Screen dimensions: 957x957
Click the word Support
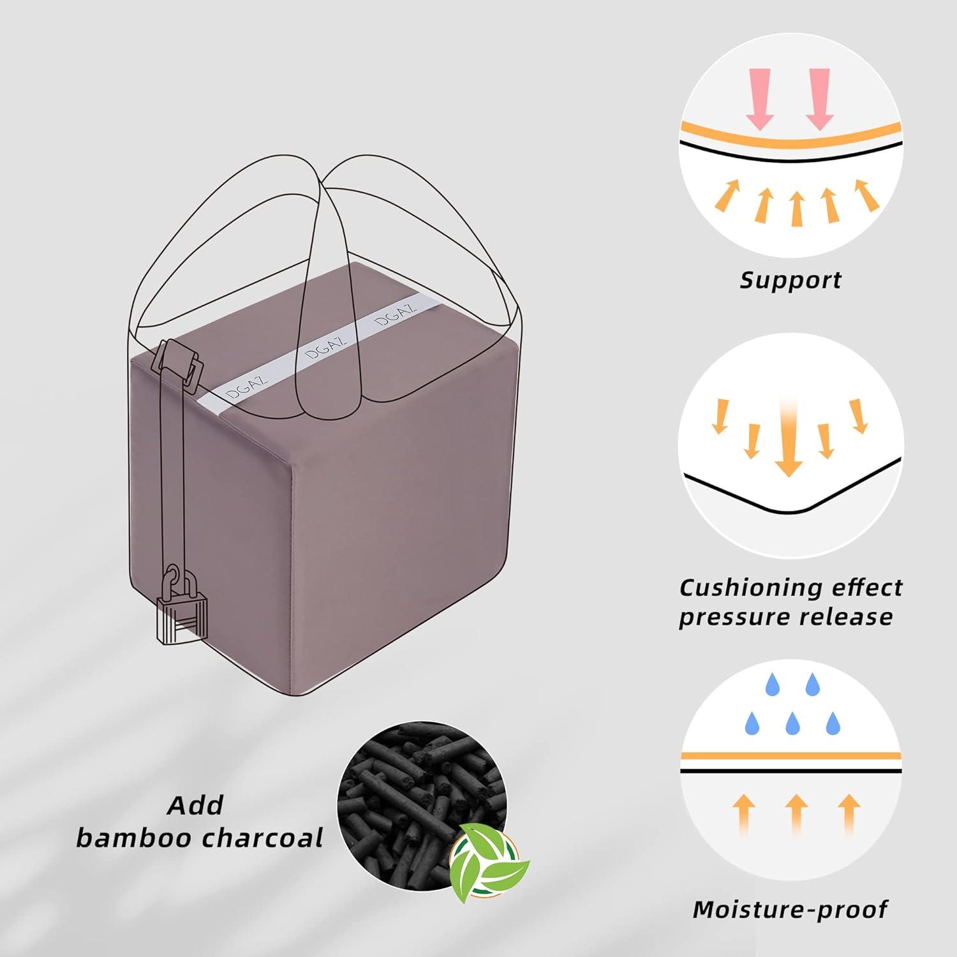click(x=790, y=280)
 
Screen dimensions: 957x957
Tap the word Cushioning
click(x=746, y=588)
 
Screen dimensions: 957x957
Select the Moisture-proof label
click(x=790, y=909)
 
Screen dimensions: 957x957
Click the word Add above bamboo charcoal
click(x=195, y=805)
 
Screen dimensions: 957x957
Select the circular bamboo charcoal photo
click(x=422, y=806)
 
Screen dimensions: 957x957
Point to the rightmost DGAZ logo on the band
click(x=396, y=315)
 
